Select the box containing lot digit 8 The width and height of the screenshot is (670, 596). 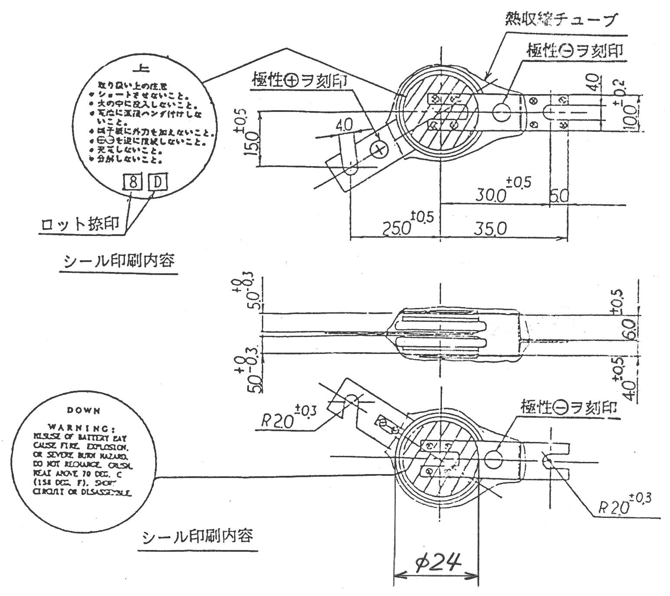point(133,183)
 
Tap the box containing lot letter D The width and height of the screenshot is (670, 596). point(157,183)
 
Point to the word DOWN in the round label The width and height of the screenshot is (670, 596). point(84,410)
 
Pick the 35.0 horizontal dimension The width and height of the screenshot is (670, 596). point(490,228)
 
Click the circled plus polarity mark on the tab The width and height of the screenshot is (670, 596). point(379,150)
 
